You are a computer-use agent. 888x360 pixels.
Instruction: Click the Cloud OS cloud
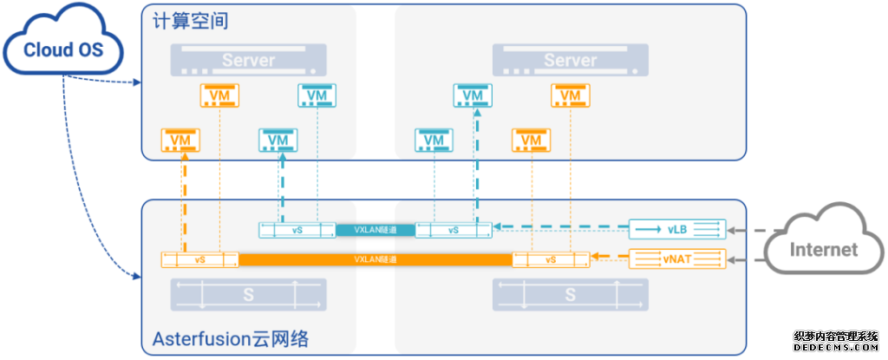[x=62, y=49]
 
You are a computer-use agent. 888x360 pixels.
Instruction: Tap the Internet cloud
[x=822, y=249]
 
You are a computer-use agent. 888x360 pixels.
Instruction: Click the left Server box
[x=248, y=61]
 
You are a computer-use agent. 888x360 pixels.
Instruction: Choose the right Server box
[x=570, y=61]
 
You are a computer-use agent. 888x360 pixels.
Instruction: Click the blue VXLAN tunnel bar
[x=375, y=230]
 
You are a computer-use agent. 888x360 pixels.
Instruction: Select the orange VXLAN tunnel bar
[x=375, y=259]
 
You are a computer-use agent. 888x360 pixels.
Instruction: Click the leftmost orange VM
[x=180, y=139]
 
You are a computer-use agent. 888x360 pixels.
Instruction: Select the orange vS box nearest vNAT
[x=551, y=259]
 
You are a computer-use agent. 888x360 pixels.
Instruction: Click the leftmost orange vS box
[x=200, y=259]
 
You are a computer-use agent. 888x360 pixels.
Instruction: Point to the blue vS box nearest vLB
[x=454, y=230]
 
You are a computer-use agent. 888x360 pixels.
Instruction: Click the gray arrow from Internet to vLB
[x=746, y=231]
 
